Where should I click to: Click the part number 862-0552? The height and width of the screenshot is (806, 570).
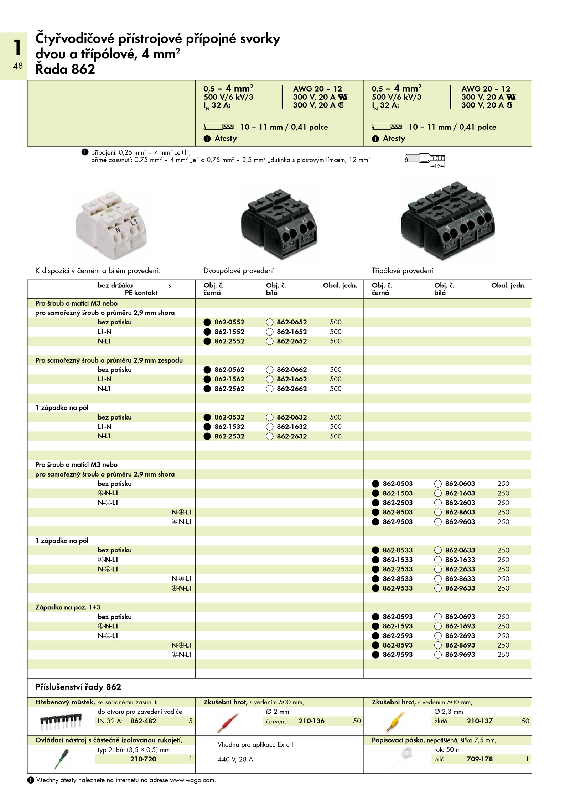(x=229, y=322)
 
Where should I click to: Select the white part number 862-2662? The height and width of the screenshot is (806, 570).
(x=291, y=389)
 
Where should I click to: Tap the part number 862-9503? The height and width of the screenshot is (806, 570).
(x=397, y=521)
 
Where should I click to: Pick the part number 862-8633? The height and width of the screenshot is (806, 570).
(x=460, y=578)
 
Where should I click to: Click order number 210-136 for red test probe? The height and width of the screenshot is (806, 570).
(x=311, y=721)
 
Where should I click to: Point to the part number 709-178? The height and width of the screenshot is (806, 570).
(x=480, y=759)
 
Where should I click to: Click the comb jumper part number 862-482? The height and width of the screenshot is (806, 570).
(x=143, y=721)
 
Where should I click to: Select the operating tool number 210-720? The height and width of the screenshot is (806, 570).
(x=143, y=759)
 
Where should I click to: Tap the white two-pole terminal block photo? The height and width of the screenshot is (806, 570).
(x=111, y=224)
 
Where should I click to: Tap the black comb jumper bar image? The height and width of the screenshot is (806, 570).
(x=60, y=721)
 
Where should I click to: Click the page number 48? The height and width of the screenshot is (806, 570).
(x=18, y=66)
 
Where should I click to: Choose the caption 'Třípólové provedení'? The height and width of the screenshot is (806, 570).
(x=402, y=271)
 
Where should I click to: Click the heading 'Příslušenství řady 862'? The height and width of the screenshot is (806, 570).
(x=78, y=687)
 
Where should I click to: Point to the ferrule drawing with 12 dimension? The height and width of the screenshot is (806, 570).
(x=425, y=160)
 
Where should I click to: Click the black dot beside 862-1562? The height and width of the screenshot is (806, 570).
(x=207, y=379)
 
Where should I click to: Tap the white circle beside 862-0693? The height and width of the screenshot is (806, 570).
(x=438, y=617)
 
